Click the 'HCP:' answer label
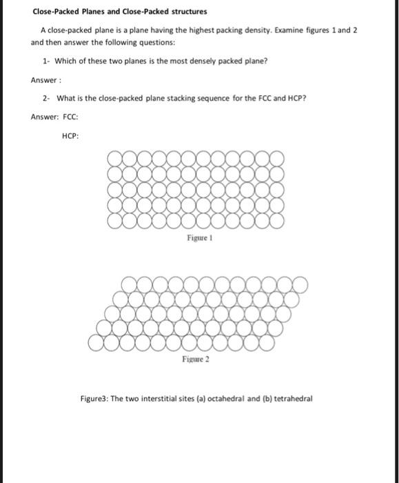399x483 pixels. tap(70, 135)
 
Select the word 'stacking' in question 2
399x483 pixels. tap(158, 97)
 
